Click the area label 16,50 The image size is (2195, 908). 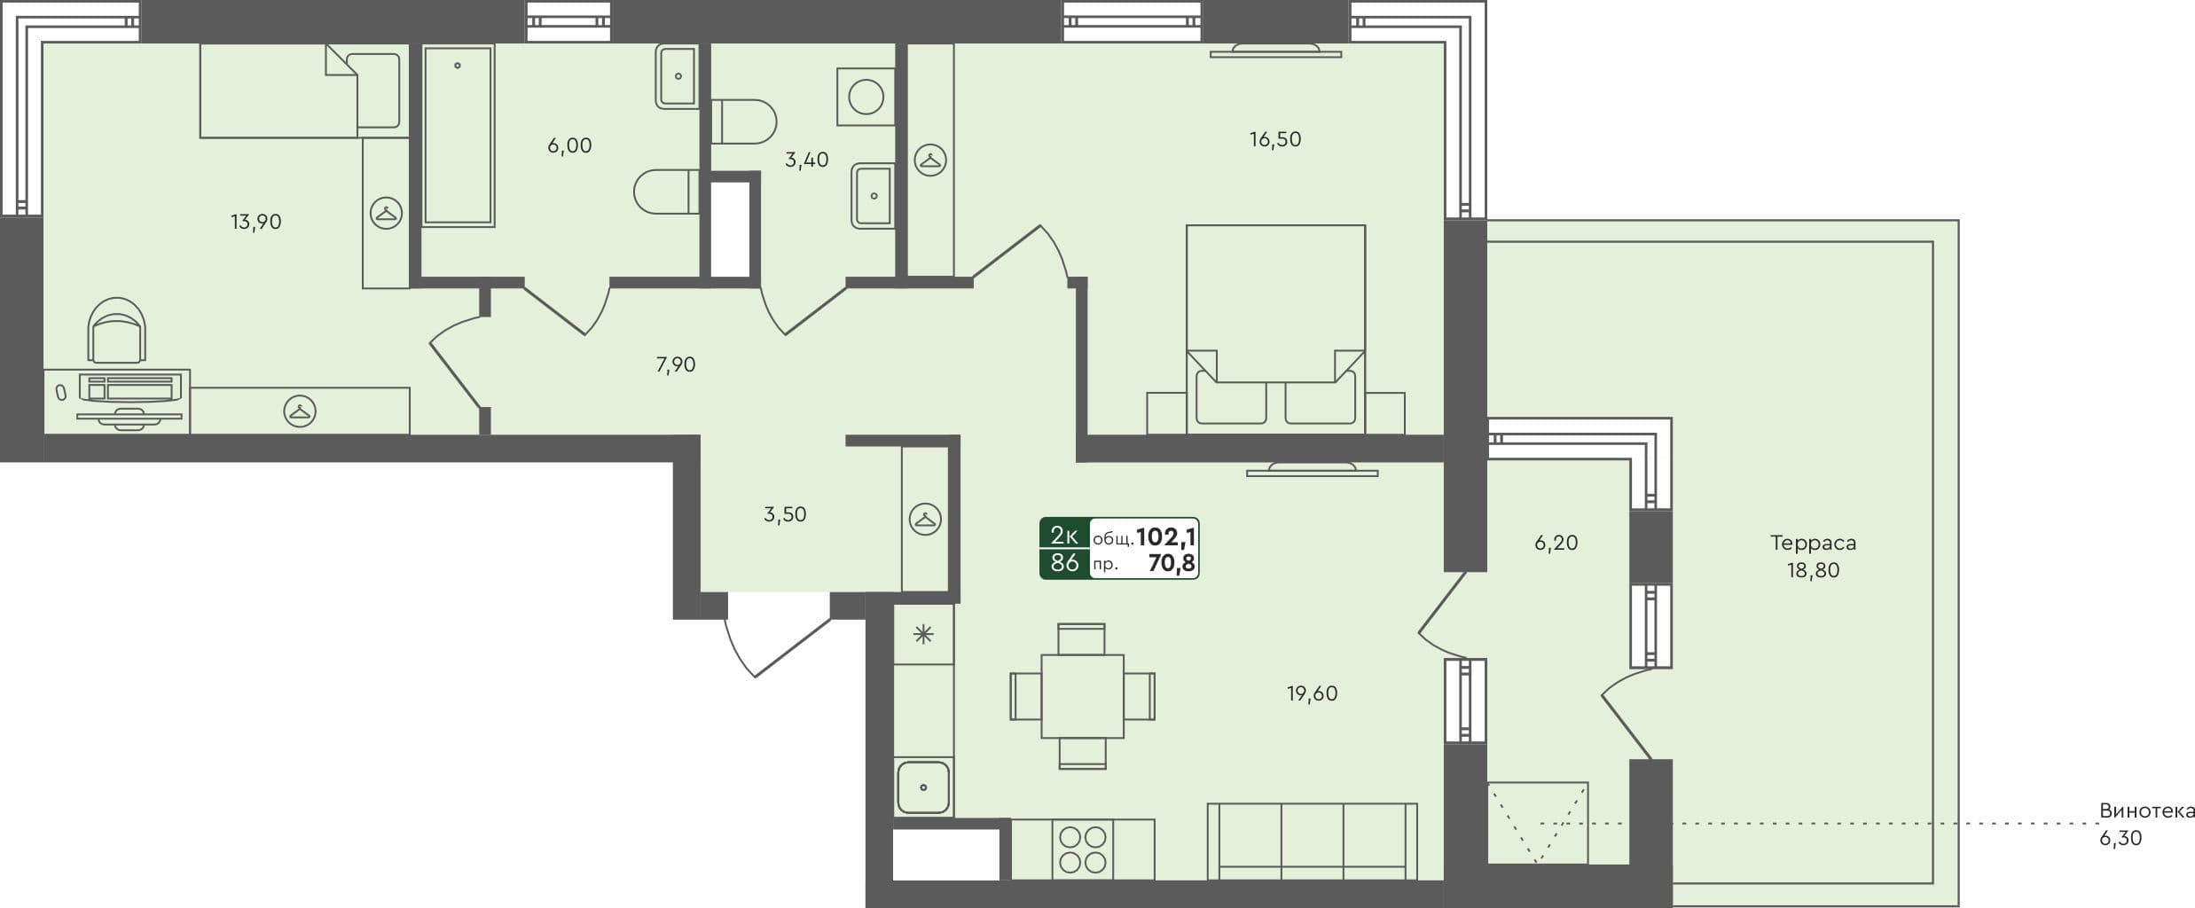[1274, 139]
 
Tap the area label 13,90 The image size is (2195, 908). [256, 222]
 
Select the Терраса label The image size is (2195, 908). [1813, 543]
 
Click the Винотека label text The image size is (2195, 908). [2146, 811]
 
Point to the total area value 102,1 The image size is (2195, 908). [1165, 536]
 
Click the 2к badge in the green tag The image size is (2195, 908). [1063, 535]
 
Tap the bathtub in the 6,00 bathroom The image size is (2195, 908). [458, 135]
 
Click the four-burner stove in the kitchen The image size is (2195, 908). [1083, 849]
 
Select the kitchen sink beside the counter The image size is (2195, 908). [923, 787]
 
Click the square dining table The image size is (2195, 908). [1082, 696]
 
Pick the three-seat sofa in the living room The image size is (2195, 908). [1312, 841]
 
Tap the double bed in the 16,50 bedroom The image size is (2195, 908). [1275, 328]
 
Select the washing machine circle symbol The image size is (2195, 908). [866, 96]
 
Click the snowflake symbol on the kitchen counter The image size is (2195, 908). [923, 634]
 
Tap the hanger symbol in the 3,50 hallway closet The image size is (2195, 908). [925, 520]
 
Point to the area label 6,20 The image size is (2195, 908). [1556, 543]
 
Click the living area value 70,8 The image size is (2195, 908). [1171, 563]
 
